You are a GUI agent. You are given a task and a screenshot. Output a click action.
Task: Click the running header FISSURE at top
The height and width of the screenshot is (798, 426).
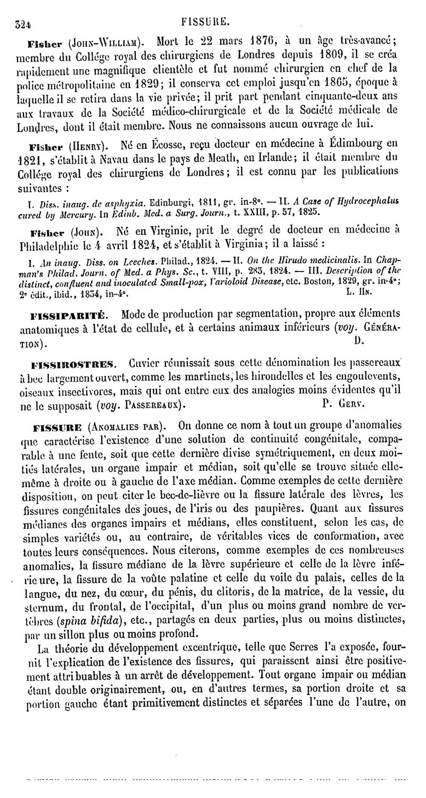click(205, 21)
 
